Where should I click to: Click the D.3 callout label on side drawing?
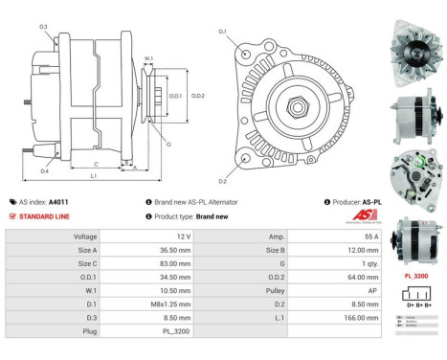point(43,26)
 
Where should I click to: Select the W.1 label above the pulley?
point(148,59)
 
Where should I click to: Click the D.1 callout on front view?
point(222,32)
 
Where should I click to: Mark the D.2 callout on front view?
point(222,181)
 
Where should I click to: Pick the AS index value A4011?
point(59,202)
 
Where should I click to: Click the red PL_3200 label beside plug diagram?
point(414,276)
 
